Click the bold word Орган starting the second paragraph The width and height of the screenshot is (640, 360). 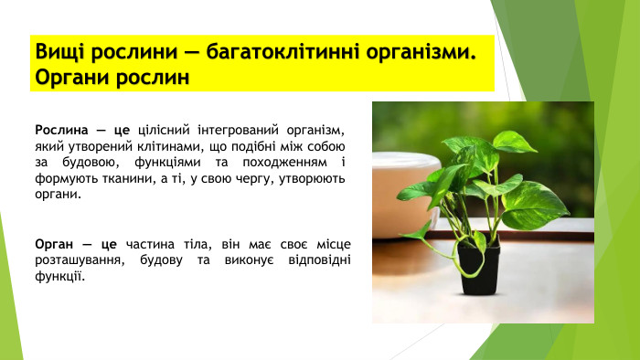click(x=53, y=245)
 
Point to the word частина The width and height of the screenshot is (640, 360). click(x=151, y=245)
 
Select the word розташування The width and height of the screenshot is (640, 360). click(x=77, y=261)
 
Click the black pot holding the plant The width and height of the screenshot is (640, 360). click(x=478, y=269)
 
